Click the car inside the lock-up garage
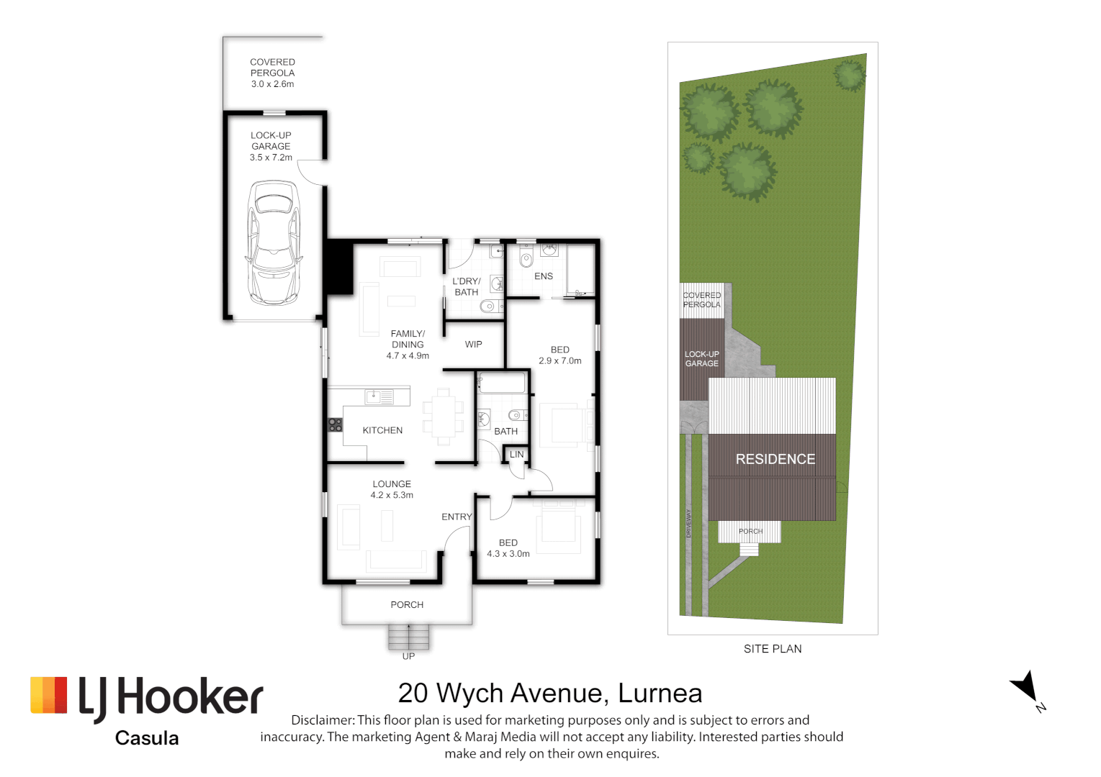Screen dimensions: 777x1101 pyautogui.click(x=273, y=242)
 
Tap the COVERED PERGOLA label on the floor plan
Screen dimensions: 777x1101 pyautogui.click(x=272, y=68)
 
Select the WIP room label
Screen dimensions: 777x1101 pyautogui.click(x=473, y=345)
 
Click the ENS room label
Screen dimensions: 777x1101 pyautogui.click(x=544, y=276)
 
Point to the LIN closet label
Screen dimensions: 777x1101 pyautogui.click(x=516, y=455)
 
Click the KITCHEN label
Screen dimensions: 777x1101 pyautogui.click(x=382, y=430)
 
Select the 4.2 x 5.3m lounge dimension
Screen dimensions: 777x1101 pyautogui.click(x=392, y=495)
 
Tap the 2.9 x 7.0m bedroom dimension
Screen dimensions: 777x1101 pyautogui.click(x=560, y=361)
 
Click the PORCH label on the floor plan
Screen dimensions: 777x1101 pyautogui.click(x=407, y=605)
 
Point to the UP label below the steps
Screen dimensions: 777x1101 pyautogui.click(x=408, y=656)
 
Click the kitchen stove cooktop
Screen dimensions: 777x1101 pyautogui.click(x=336, y=424)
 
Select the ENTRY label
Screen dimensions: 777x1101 pyautogui.click(x=457, y=517)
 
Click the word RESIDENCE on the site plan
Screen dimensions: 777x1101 pyautogui.click(x=775, y=459)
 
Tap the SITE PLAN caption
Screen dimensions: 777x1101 pyautogui.click(x=772, y=649)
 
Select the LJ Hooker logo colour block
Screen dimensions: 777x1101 pyautogui.click(x=49, y=695)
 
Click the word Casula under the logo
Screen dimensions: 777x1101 pyautogui.click(x=147, y=738)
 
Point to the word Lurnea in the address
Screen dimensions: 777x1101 pyautogui.click(x=660, y=694)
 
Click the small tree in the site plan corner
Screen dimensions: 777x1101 pyautogui.click(x=850, y=75)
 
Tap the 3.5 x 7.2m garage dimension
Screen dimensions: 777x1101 pyautogui.click(x=271, y=158)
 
